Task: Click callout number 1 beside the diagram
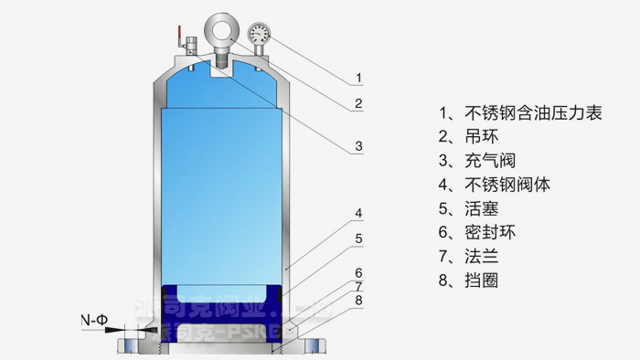tap(359, 77)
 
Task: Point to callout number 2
tap(359, 103)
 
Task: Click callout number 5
tap(359, 239)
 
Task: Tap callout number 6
tap(359, 272)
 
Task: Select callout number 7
tap(359, 286)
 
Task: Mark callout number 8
tap(359, 300)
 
